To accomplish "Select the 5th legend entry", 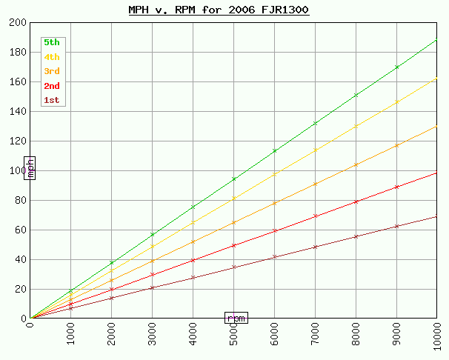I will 52,42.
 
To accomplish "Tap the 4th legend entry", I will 52,57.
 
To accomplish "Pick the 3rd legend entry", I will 52,71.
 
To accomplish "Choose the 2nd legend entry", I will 52,86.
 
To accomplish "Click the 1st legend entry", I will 52,100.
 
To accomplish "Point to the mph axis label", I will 30,168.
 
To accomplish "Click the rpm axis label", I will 236,318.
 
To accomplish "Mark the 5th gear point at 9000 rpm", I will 397,67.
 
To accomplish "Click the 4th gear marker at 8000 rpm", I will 356,126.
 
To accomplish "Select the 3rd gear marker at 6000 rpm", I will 275,203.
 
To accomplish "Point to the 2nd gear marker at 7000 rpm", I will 316,216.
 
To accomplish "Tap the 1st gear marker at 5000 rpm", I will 234,267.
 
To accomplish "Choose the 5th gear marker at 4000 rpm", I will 193,207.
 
